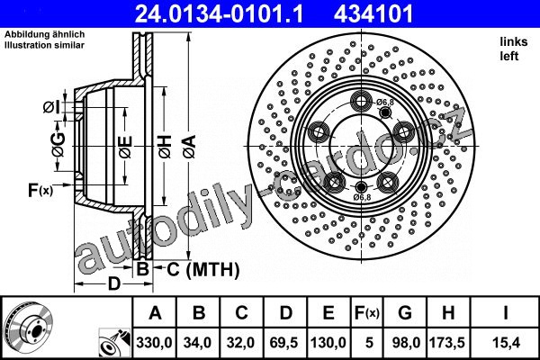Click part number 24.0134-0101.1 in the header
click(219, 14)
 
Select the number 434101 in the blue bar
click(373, 14)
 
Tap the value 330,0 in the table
click(154, 342)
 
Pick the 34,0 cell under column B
click(197, 342)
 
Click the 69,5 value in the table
click(284, 342)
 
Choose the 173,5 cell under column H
click(447, 342)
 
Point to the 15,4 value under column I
click(506, 342)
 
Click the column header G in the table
click(405, 313)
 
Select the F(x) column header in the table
click(367, 313)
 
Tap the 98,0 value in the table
click(406, 342)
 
